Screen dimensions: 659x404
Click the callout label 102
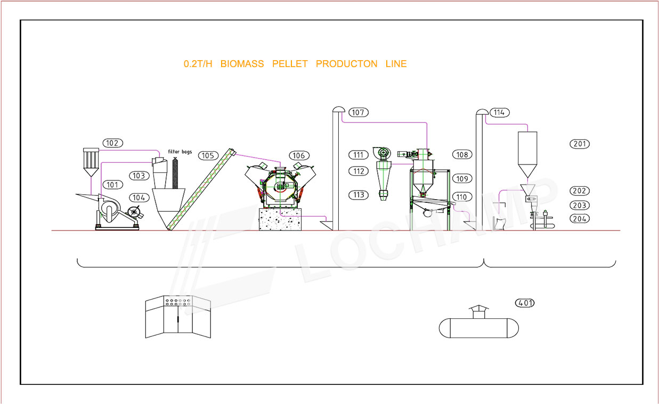[113, 143]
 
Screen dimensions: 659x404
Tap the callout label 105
[208, 155]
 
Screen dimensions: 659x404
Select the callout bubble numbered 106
[299, 155]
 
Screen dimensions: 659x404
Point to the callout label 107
[359, 112]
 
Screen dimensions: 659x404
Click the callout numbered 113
[359, 195]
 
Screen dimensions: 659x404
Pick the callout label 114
[499, 113]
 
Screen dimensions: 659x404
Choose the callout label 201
[580, 144]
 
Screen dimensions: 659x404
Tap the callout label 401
[525, 303]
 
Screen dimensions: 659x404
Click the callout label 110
[462, 197]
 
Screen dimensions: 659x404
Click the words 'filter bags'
[180, 152]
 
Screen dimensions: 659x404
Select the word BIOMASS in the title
[242, 64]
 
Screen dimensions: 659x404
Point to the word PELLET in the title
[290, 64]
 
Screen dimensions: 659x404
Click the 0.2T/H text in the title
[198, 64]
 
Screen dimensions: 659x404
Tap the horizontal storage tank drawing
[478, 328]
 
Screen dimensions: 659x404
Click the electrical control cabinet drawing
[178, 317]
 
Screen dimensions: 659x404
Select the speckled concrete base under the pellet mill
[280, 219]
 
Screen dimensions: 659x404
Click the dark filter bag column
[175, 174]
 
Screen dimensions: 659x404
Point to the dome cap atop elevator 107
[339, 109]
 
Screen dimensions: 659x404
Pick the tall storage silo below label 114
[527, 154]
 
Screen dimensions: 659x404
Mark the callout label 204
[580, 219]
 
